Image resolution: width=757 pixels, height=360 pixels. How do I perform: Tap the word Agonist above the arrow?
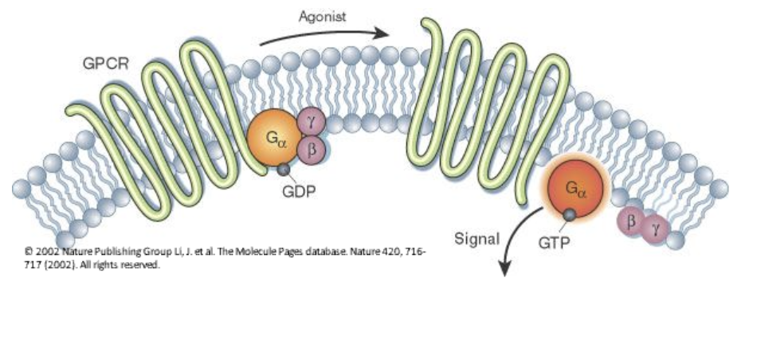point(322,16)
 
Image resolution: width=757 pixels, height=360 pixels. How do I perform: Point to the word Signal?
point(477,237)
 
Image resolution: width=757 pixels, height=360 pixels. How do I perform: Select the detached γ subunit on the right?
point(656,228)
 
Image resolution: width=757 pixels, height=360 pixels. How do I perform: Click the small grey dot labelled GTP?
point(568,215)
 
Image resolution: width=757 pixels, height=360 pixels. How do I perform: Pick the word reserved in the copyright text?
point(142,266)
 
